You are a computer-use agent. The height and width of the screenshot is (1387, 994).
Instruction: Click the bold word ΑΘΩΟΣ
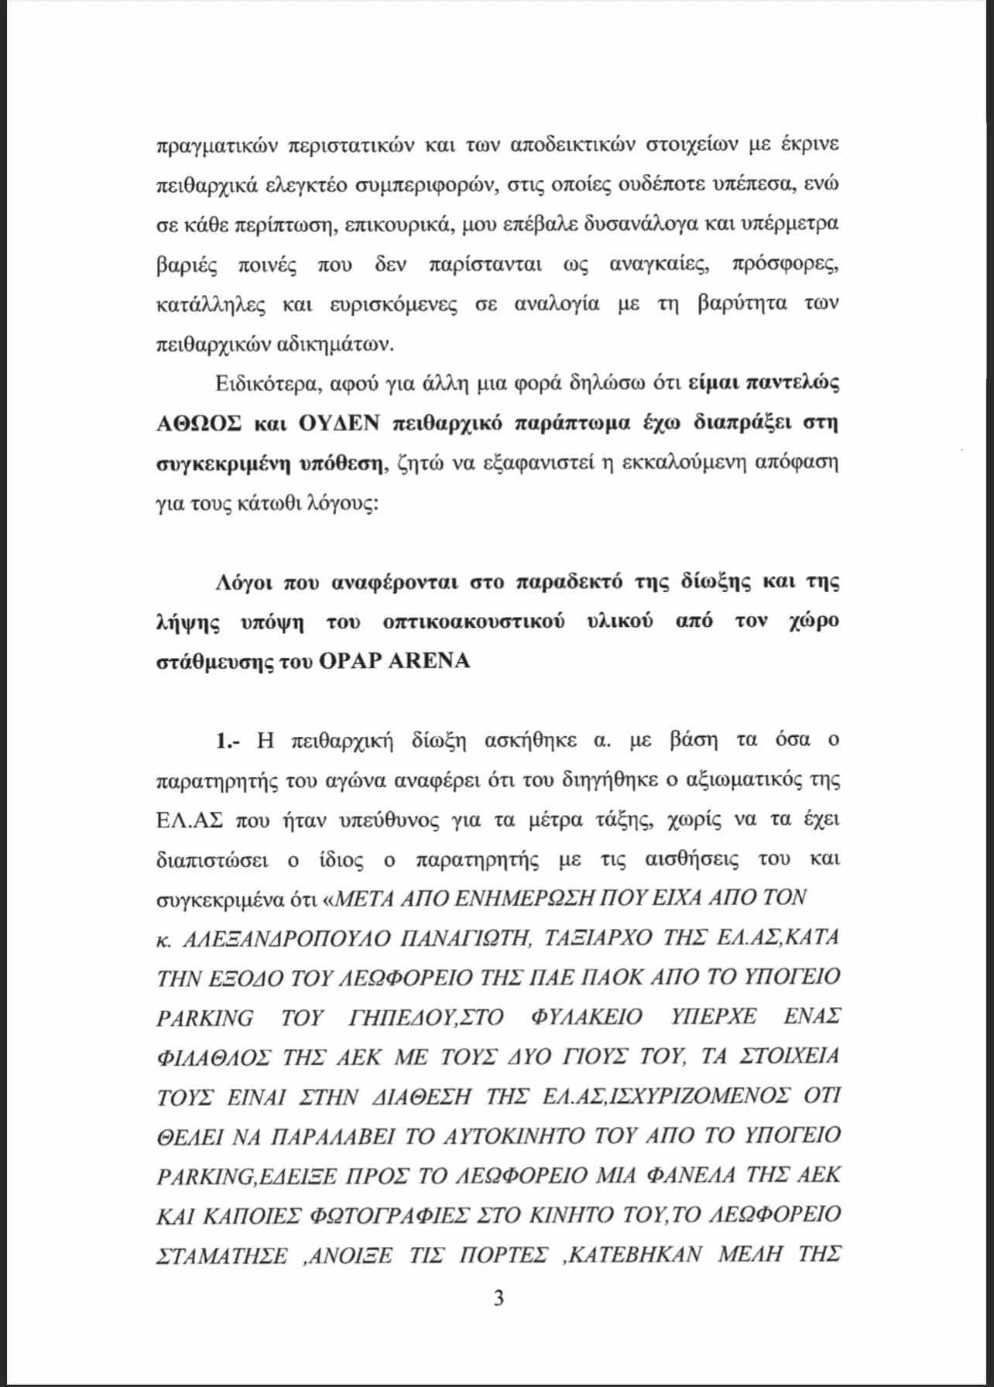[x=199, y=423]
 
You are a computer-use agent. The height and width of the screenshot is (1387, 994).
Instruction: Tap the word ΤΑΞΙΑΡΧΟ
[x=598, y=939]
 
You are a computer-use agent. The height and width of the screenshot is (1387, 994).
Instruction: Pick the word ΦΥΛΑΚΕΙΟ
[x=587, y=1018]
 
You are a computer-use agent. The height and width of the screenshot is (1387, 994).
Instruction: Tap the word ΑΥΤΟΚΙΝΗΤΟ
[x=503, y=1136]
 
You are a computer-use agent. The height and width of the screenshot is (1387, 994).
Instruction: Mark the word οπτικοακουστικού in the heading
[x=472, y=622]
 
